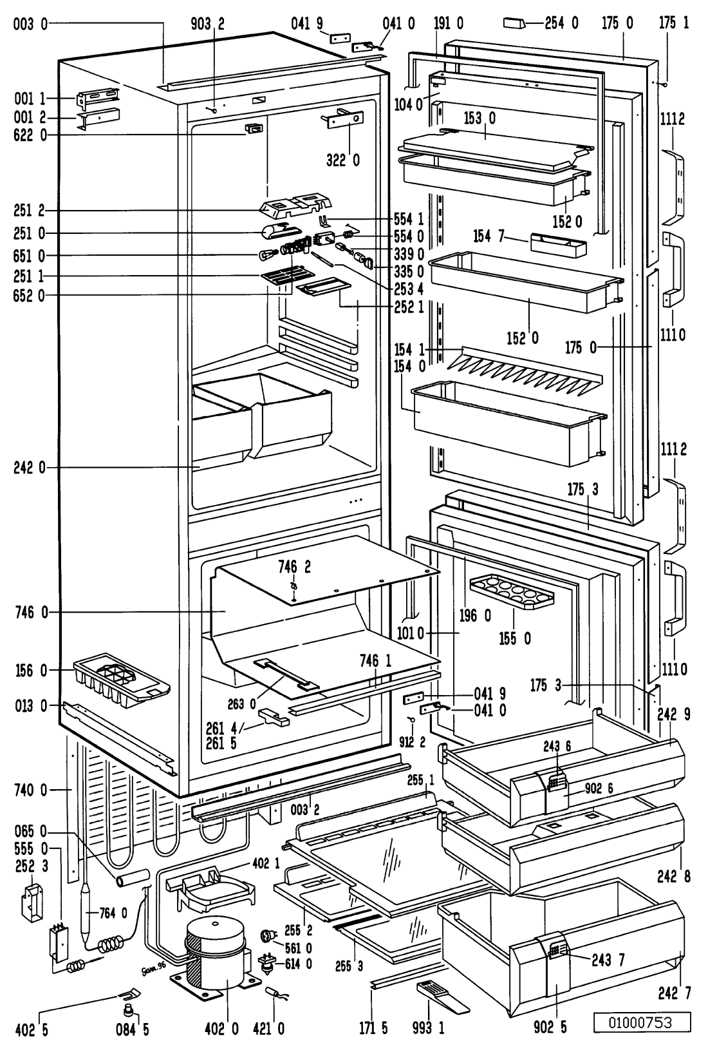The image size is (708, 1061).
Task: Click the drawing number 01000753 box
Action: (x=641, y=1022)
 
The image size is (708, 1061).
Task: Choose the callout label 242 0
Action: (x=29, y=468)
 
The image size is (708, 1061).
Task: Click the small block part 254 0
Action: (x=515, y=24)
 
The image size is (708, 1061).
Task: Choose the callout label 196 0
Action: (x=474, y=617)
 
